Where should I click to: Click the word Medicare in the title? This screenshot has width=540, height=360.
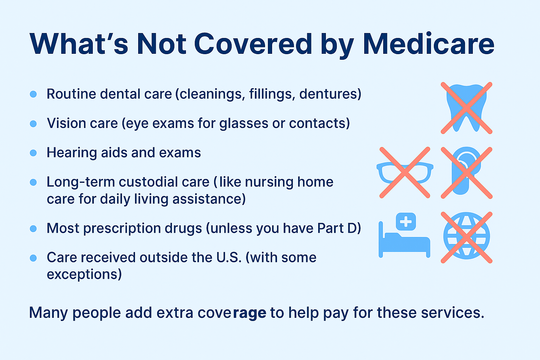(x=429, y=44)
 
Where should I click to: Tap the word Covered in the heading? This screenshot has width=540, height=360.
(x=253, y=44)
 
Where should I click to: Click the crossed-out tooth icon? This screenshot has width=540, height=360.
(x=467, y=108)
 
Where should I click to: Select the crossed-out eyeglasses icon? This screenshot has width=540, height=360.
(x=405, y=173)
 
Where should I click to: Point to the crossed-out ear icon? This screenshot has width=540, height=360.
(x=467, y=173)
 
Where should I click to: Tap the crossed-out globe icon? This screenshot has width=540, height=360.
(x=467, y=237)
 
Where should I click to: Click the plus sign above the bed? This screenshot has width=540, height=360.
(x=406, y=221)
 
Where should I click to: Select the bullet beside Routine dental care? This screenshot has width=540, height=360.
(x=33, y=94)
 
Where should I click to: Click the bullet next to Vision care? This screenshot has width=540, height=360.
(x=33, y=124)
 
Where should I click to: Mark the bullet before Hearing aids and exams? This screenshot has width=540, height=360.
(x=33, y=153)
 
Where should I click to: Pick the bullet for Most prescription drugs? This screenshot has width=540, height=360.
(x=33, y=229)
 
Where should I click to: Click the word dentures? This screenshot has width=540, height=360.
(x=328, y=94)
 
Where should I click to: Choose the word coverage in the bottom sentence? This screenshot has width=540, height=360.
(x=232, y=313)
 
